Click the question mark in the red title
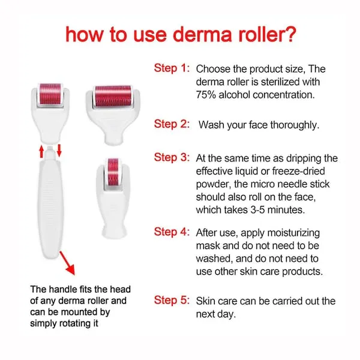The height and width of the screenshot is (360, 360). [x=289, y=34]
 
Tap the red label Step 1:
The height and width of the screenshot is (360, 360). [x=172, y=68]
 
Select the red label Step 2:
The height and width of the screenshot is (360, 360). [x=172, y=124]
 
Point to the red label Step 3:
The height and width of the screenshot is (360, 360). [x=172, y=157]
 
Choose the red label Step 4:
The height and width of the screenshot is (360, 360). [x=172, y=232]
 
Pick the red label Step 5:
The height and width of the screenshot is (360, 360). [x=172, y=300]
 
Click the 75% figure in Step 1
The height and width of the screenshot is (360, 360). [x=206, y=95]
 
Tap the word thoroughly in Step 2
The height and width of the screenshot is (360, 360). [x=295, y=125]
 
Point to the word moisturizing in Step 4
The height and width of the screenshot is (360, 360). [x=293, y=233]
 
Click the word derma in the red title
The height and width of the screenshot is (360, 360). [x=202, y=34]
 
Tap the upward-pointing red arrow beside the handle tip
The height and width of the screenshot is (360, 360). [x=41, y=151]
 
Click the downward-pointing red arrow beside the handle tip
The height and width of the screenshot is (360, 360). [x=59, y=151]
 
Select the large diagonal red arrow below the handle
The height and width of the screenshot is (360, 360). [x=67, y=263]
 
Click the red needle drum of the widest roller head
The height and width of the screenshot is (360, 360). [x=113, y=96]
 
